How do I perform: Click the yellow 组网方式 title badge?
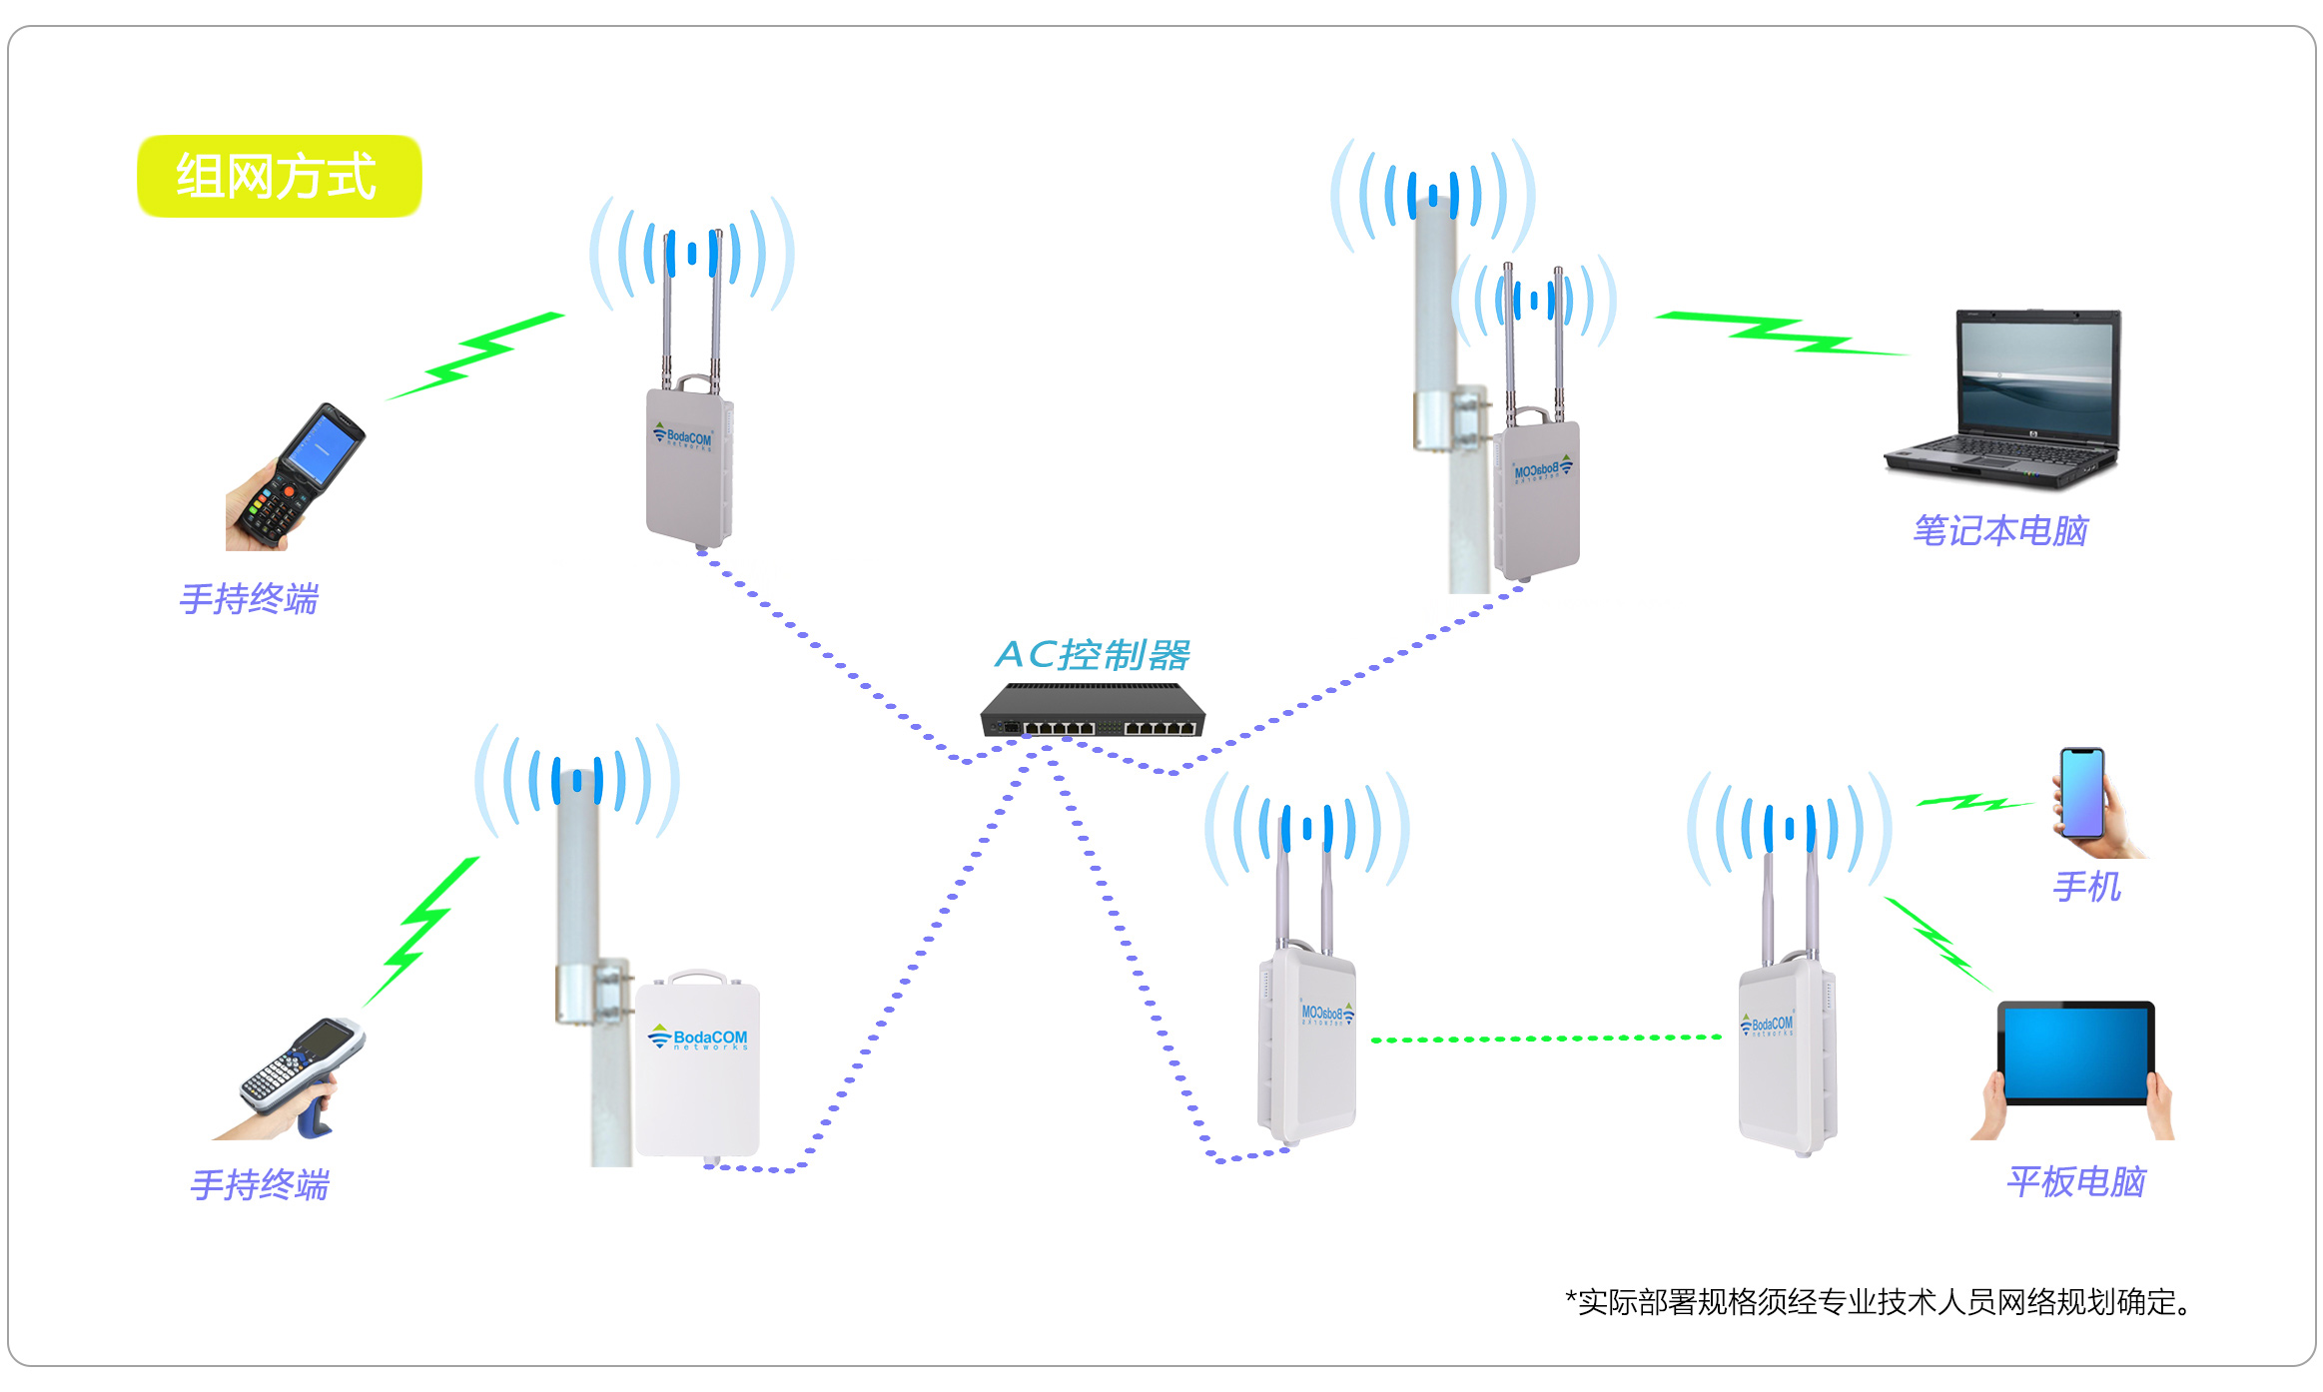pos(279,176)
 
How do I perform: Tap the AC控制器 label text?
pos(1092,655)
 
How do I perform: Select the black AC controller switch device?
pos(1093,712)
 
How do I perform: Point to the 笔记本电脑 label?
pos(1999,531)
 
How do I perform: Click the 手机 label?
pos(2086,887)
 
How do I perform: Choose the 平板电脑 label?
pos(2075,1182)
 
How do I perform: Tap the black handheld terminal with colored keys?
pos(301,475)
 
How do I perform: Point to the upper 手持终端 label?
pos(249,599)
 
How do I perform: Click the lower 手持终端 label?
pos(260,1185)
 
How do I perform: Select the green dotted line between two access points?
pos(1546,1039)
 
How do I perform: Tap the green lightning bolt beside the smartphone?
pos(1971,802)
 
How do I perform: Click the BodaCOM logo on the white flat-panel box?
pos(699,1039)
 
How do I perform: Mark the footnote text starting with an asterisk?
pos(1878,1302)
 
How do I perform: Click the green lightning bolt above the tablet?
pos(1936,941)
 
